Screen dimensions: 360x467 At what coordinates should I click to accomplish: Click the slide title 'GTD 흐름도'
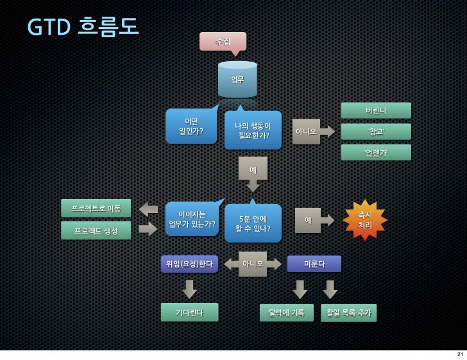(83, 26)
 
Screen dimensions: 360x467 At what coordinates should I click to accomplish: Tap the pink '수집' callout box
(223, 41)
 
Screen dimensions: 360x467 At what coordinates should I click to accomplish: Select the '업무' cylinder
(237, 80)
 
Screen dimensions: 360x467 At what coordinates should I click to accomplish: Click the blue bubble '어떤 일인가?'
(191, 126)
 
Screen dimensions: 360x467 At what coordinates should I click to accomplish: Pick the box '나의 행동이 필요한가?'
(253, 130)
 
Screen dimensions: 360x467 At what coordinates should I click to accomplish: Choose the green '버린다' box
(376, 110)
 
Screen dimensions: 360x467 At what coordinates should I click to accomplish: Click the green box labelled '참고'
(376, 132)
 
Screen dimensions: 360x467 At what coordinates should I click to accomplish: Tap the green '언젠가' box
(376, 153)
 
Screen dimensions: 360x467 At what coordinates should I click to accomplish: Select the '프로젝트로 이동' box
(96, 209)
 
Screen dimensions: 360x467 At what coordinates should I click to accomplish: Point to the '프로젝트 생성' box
(96, 230)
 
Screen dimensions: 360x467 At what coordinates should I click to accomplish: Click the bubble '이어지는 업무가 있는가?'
(192, 219)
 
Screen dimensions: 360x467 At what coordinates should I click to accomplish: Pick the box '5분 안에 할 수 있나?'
(253, 223)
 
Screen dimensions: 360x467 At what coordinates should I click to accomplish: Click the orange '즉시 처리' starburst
(365, 220)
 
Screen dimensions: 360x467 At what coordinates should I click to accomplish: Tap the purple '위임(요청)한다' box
(189, 264)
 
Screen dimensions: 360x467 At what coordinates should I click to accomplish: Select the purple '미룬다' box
(314, 264)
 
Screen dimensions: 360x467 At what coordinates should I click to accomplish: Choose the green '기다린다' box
(189, 313)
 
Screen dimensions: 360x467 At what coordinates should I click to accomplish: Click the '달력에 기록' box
(287, 313)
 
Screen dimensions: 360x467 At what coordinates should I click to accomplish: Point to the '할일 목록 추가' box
(348, 313)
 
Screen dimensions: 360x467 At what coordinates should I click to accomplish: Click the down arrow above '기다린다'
(189, 289)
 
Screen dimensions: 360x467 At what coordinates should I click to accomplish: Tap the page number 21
(459, 354)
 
